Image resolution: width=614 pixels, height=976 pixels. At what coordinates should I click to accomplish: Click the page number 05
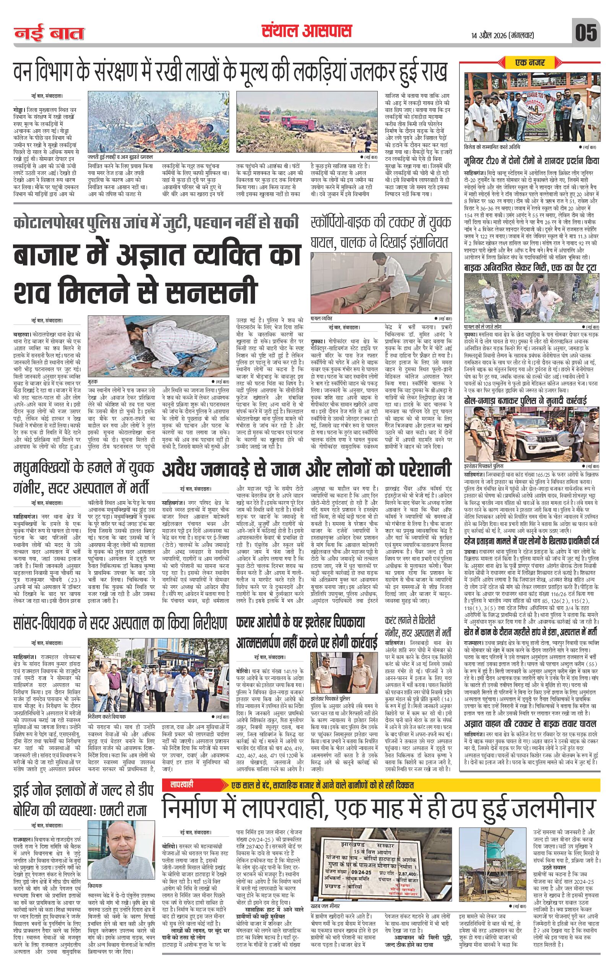pyautogui.click(x=586, y=33)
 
